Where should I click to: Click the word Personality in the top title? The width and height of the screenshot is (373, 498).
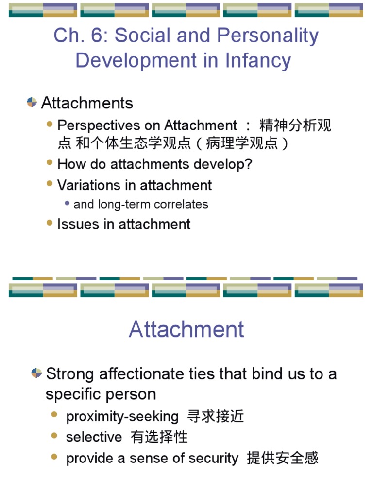[268, 36]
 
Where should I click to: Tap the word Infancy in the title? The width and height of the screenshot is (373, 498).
[258, 61]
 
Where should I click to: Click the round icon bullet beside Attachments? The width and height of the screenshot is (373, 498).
[32, 102]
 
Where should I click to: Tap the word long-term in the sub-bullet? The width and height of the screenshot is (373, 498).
[121, 204]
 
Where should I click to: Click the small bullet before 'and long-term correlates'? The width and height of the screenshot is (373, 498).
[67, 204]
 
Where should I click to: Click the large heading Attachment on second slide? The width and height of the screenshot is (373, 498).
[186, 329]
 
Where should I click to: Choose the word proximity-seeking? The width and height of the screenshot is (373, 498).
[122, 416]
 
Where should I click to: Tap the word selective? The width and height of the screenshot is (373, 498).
[94, 437]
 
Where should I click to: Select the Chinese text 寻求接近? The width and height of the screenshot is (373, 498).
[216, 416]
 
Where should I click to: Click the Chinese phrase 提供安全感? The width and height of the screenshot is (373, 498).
[283, 458]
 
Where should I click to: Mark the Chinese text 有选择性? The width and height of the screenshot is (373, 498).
[159, 437]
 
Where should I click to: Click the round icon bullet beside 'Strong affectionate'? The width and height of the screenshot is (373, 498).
[36, 373]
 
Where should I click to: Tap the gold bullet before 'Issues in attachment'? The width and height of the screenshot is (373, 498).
[49, 223]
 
